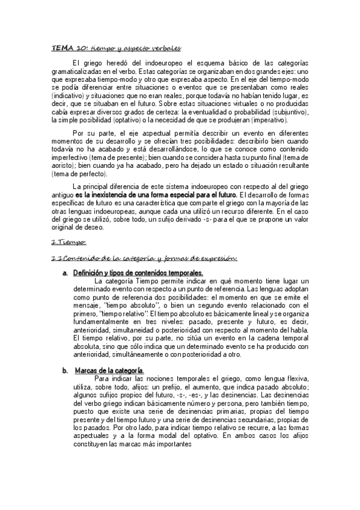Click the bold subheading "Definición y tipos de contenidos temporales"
[138, 274]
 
